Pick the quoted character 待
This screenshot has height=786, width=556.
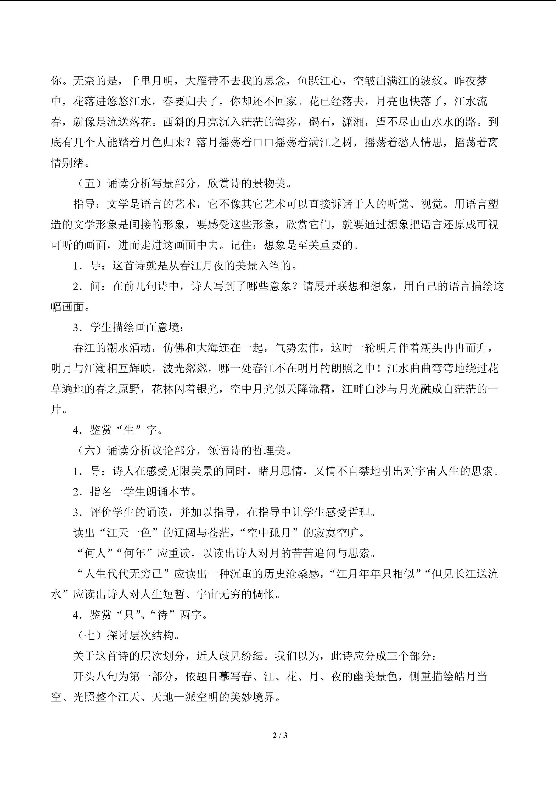click(x=162, y=615)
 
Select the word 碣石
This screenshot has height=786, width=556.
click(x=319, y=122)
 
